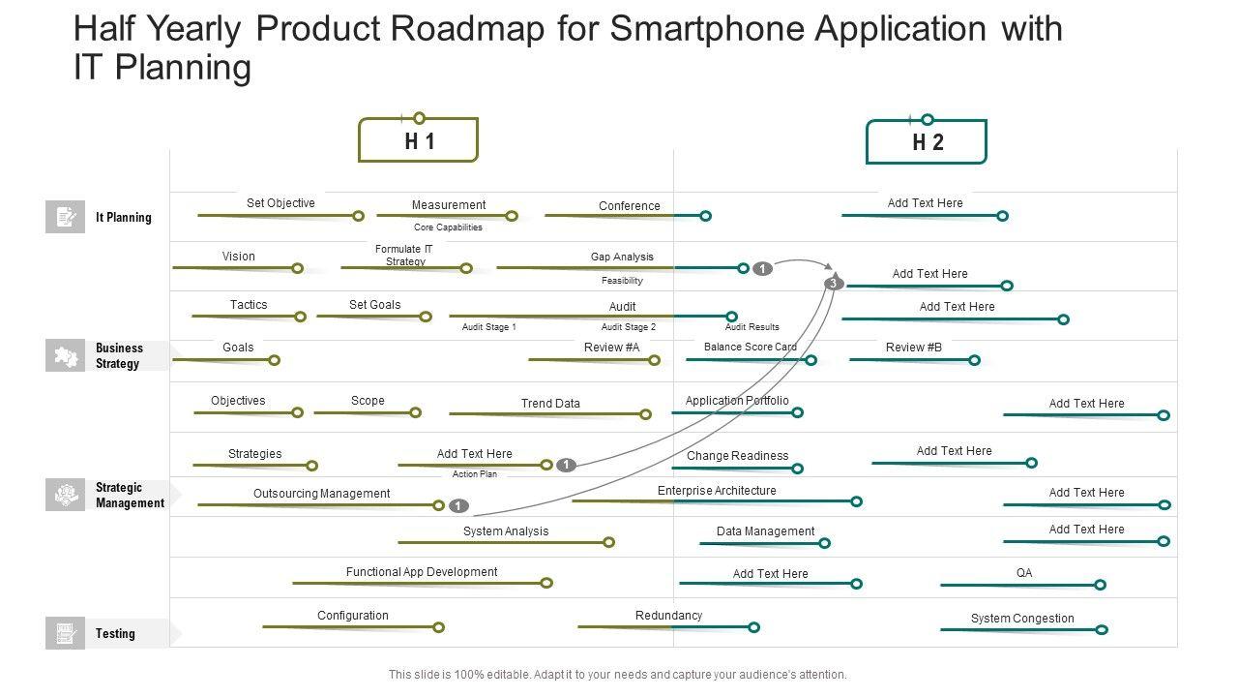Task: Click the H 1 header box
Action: pyautogui.click(x=419, y=141)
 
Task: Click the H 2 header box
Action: pyautogui.click(x=927, y=143)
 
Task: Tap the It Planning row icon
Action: pyautogui.click(x=65, y=217)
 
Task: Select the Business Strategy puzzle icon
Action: pyautogui.click(x=65, y=356)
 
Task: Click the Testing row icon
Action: pyautogui.click(x=65, y=633)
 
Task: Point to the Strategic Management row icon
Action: pyautogui.click(x=65, y=495)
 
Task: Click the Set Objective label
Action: pyautogui.click(x=280, y=203)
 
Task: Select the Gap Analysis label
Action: pyautogui.click(x=622, y=257)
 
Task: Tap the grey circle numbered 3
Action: pyautogui.click(x=834, y=284)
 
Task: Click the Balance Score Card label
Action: pyautogui.click(x=750, y=347)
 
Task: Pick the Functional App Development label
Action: pyautogui.click(x=422, y=572)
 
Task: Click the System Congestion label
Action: pyautogui.click(x=1022, y=619)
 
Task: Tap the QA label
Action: pyautogui.click(x=1024, y=573)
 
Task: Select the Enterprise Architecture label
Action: pyautogui.click(x=717, y=491)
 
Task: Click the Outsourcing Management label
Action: pyautogui.click(x=321, y=494)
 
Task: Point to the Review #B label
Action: pyautogui.click(x=913, y=347)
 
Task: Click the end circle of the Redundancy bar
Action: pyautogui.click(x=754, y=627)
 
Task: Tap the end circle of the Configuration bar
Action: pyautogui.click(x=438, y=627)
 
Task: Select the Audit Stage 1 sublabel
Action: pyautogui.click(x=488, y=327)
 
